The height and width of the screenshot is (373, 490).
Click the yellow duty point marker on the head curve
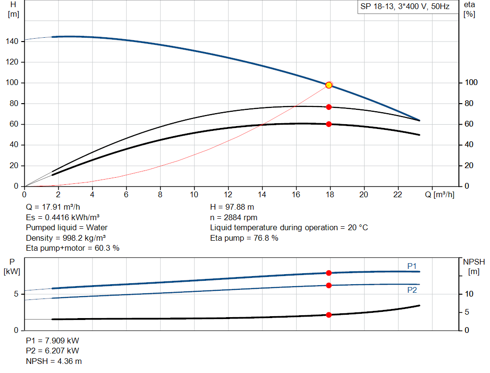click(329, 85)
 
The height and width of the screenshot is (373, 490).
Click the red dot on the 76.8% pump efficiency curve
click(329, 107)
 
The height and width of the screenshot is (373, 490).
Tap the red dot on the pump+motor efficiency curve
click(329, 124)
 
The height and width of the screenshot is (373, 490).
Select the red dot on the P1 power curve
click(329, 273)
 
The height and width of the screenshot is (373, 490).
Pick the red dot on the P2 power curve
click(329, 285)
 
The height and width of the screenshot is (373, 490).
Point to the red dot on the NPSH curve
click(329, 315)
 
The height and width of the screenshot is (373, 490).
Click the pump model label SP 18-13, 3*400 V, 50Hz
click(404, 7)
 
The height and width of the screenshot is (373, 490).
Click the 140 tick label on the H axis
click(12, 42)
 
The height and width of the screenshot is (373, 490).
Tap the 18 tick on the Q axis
click(330, 194)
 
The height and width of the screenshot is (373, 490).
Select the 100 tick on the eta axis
click(471, 83)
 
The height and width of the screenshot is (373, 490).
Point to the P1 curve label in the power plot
click(412, 266)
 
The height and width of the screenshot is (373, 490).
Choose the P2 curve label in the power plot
click(412, 290)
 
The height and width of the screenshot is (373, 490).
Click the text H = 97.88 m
click(232, 207)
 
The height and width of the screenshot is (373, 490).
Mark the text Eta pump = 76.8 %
click(244, 238)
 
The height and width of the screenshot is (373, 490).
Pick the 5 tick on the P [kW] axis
click(16, 294)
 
